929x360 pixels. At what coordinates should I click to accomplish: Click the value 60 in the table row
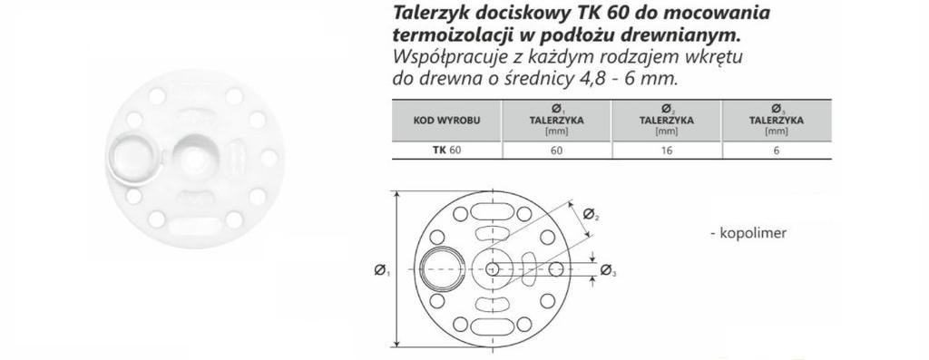coord(556,151)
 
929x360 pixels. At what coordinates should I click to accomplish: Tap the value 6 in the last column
coord(776,151)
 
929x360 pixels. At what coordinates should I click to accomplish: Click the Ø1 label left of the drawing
coord(381,270)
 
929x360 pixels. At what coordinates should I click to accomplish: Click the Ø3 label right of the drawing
coord(608,269)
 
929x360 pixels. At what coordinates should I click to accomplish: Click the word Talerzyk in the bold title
coord(427,15)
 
